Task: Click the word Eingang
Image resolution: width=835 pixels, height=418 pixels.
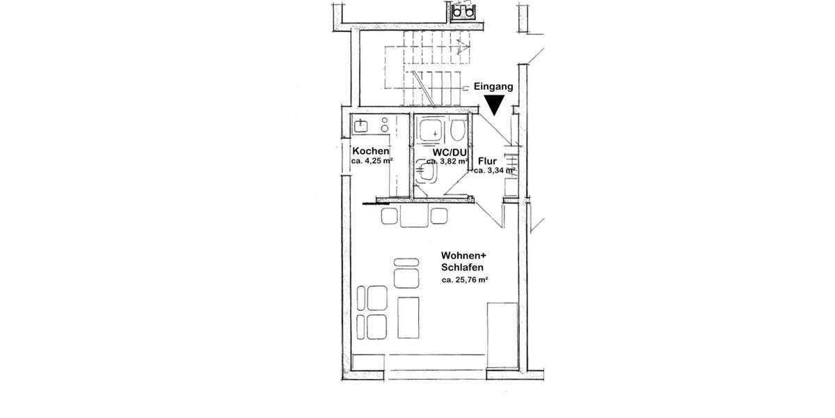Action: click(x=493, y=87)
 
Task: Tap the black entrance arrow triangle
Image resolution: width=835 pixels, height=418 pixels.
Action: click(x=494, y=105)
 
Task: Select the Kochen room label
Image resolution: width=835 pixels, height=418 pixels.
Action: click(x=370, y=151)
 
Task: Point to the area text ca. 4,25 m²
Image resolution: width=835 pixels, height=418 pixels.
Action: click(x=372, y=161)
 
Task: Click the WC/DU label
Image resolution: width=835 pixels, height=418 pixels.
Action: click(x=449, y=151)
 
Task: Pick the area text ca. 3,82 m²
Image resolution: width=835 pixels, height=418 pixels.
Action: click(x=447, y=161)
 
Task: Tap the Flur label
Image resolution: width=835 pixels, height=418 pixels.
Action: click(x=487, y=160)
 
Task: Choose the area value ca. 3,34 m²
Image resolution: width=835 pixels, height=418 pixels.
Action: click(x=494, y=170)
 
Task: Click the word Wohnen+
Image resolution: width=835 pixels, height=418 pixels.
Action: click(x=463, y=256)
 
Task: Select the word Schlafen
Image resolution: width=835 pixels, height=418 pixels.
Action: click(x=462, y=268)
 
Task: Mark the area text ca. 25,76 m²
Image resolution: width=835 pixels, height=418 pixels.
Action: click(x=464, y=280)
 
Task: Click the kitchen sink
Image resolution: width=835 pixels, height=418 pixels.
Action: click(x=360, y=126)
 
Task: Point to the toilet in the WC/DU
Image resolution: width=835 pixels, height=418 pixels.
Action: click(x=459, y=131)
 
